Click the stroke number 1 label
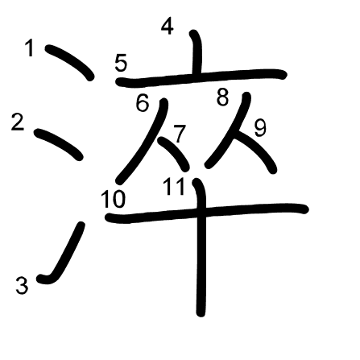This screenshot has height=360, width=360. pos(29,48)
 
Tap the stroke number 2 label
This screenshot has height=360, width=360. pos(18,122)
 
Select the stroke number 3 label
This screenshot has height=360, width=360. pos(22,285)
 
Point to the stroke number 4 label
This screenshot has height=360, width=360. pos(168,27)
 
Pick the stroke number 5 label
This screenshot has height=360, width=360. pos(121,63)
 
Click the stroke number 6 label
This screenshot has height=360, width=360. pos(142,103)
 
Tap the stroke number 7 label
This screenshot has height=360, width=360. pos(180,134)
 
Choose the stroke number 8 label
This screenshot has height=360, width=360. pos(223,97)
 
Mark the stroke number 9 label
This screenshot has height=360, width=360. pos(260,128)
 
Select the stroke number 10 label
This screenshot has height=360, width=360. pos(113,199)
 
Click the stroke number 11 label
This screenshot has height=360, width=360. pos(174,187)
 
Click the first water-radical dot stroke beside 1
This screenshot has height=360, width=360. pos(70,62)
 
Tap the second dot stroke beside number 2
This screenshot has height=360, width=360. pos(59,144)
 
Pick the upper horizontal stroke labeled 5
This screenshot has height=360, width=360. pos(201,78)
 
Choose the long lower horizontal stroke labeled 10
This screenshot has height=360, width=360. pos(207,213)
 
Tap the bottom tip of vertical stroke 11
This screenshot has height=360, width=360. pos(201,314)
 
